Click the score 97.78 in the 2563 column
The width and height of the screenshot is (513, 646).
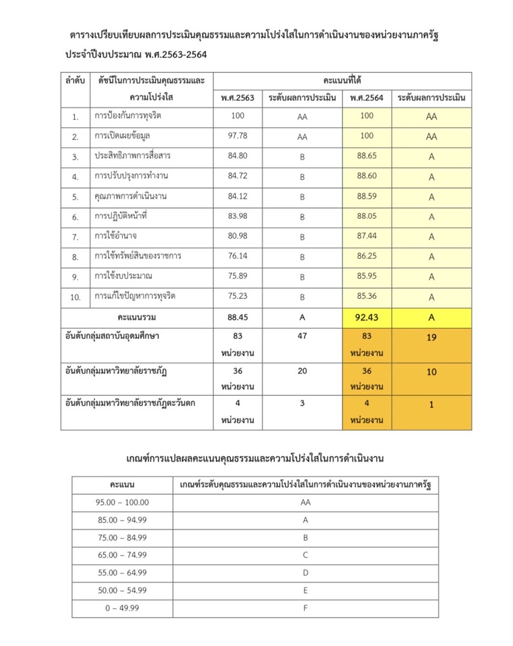point(238,136)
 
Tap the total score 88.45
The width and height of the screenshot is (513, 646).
point(238,317)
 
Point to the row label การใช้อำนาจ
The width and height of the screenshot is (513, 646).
point(116,236)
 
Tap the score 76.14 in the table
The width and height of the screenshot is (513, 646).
point(238,257)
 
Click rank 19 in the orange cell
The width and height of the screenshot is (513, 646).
point(431,338)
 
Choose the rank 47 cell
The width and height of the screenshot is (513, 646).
point(302,337)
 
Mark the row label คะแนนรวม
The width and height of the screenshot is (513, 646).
point(137,317)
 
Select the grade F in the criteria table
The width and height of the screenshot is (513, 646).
point(306,608)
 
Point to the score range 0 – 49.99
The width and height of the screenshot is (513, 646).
point(122,608)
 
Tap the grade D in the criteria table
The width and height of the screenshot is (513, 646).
point(306,572)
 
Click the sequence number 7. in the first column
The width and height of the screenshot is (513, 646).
point(75,237)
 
